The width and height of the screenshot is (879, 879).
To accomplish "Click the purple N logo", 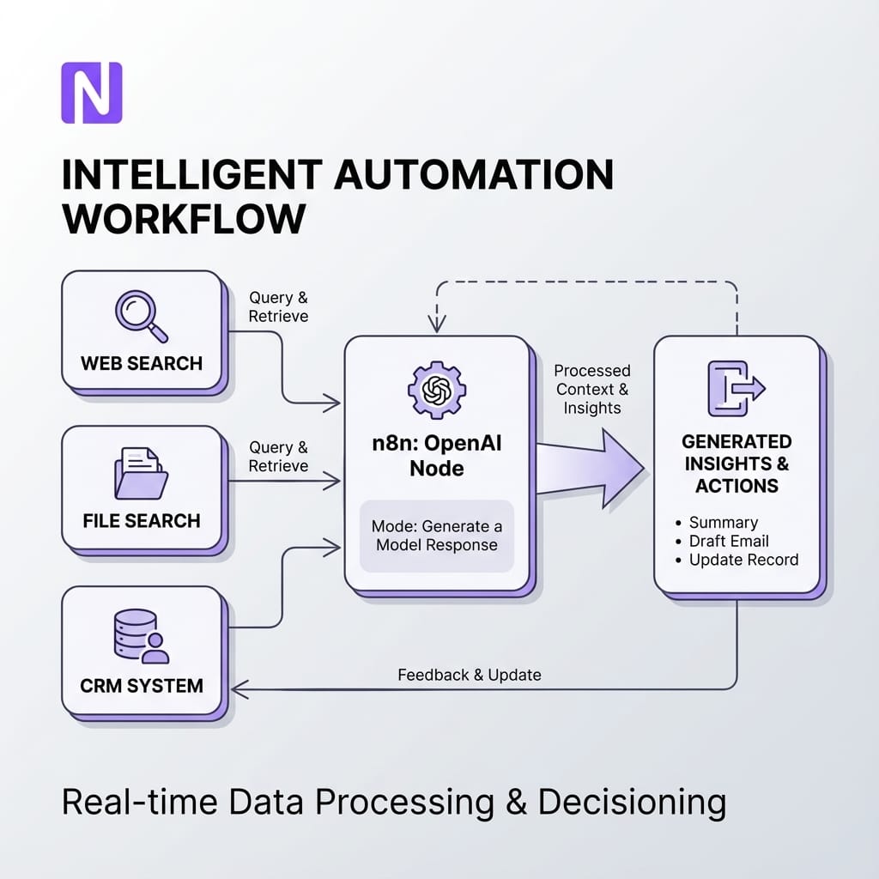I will click(91, 92).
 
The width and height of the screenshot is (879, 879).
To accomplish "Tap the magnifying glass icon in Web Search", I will click(140, 316).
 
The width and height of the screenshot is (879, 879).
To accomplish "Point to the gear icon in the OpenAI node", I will click(436, 389).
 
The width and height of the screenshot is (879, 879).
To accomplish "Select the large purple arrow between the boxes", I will click(592, 468).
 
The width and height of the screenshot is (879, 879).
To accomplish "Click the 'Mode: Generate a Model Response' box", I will click(436, 536).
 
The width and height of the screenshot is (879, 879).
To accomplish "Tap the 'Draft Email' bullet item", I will click(728, 541).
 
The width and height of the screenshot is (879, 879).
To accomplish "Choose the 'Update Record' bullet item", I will click(743, 560).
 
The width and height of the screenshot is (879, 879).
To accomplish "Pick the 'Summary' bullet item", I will click(723, 522).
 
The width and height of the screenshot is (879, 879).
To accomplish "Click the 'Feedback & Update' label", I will click(470, 675).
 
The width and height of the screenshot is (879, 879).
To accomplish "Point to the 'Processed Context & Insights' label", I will click(592, 389).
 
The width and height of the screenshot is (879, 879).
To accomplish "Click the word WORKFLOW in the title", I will click(184, 219).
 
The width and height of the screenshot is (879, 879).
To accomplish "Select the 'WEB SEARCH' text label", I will click(142, 362).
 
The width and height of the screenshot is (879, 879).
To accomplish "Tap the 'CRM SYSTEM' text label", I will click(142, 685).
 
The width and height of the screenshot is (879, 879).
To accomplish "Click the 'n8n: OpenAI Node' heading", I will click(436, 458).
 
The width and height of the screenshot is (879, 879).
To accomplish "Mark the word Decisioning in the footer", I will click(632, 803).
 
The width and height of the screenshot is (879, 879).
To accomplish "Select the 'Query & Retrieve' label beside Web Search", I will click(278, 306).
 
